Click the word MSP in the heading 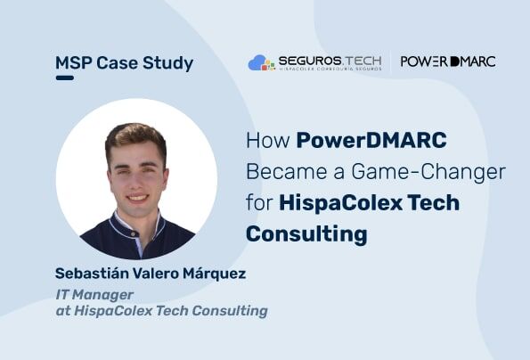(x=73, y=63)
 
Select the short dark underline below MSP (x=64, y=78)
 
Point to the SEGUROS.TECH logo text (x=330, y=61)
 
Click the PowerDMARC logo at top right (x=448, y=61)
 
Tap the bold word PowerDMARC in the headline (x=371, y=140)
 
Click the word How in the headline (x=268, y=140)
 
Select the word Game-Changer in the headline (x=428, y=172)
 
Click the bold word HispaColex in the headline (x=340, y=203)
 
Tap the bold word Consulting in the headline (x=306, y=234)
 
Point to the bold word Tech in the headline (x=434, y=203)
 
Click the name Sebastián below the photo (x=91, y=274)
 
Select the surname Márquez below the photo (x=215, y=274)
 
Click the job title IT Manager (x=94, y=295)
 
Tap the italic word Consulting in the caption (x=230, y=311)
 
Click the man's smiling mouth (x=138, y=197)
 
